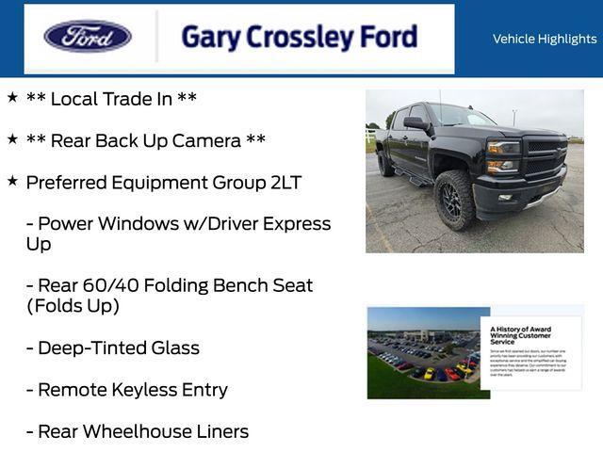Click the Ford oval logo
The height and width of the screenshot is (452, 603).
(x=88, y=37)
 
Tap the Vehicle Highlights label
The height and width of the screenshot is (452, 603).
(x=545, y=39)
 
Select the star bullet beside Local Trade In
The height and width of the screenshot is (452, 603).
(x=12, y=97)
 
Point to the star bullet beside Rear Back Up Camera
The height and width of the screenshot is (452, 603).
(x=12, y=139)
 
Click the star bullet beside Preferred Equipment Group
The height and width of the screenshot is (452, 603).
(x=12, y=181)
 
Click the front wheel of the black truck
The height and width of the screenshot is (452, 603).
(x=455, y=199)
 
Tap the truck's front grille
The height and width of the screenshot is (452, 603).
(x=545, y=156)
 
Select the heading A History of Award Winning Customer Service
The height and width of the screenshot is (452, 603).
(x=521, y=334)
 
